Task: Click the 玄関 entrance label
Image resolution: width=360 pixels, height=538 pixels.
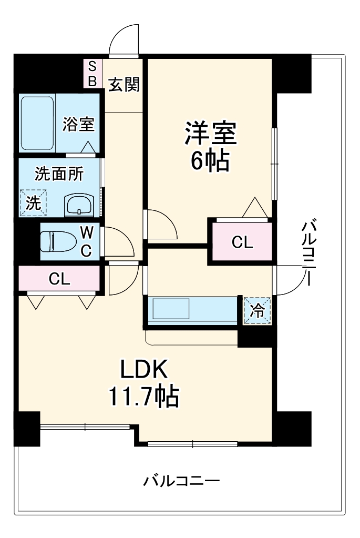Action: (x=124, y=84)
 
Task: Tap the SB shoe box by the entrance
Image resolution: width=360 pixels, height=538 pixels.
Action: (x=92, y=73)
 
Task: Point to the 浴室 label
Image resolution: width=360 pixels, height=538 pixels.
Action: (x=78, y=125)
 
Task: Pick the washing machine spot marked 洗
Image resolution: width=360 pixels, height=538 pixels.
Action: (x=33, y=202)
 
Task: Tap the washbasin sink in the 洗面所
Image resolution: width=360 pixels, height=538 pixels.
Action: (x=79, y=205)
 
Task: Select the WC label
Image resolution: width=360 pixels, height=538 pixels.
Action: (x=87, y=241)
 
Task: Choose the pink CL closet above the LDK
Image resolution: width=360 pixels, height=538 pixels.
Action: (x=59, y=279)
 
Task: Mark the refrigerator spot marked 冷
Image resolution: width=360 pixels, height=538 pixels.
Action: (x=258, y=310)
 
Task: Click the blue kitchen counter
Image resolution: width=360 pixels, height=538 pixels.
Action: (x=193, y=309)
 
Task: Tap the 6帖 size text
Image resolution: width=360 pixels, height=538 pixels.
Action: (x=210, y=161)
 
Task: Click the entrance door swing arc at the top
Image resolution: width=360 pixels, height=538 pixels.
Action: (x=125, y=39)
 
